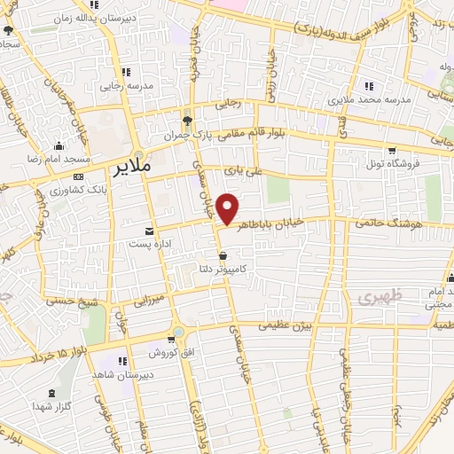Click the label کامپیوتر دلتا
coord(223,268)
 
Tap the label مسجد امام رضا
coord(59,158)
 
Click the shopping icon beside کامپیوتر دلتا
coord(222,255)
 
